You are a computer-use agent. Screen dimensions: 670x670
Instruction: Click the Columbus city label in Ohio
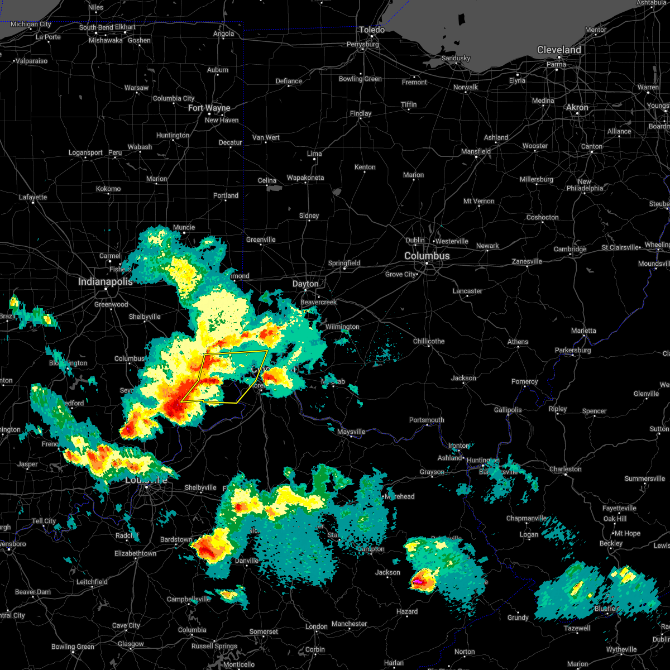coord(427,256)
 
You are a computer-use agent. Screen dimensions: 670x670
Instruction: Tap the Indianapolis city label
coord(105,281)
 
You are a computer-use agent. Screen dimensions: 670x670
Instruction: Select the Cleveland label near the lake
coord(558,50)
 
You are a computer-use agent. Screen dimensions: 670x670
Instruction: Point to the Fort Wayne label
coord(209,108)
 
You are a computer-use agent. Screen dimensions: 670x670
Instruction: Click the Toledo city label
coord(371,30)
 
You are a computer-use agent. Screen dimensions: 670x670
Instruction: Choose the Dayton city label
coord(305,284)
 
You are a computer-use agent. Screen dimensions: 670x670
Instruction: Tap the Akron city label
coord(577,107)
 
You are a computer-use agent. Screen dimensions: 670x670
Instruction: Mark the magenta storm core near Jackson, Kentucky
coord(418,582)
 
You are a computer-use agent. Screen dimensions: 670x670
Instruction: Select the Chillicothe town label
coord(429,341)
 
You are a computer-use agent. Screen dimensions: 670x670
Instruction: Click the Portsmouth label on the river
coord(427,420)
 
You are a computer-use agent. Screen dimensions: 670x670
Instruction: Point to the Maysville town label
coord(351,432)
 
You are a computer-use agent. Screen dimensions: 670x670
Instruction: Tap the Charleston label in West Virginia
coord(565,469)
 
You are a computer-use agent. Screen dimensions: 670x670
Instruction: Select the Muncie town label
coord(184,227)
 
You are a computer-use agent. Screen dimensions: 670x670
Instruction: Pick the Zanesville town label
coord(527,261)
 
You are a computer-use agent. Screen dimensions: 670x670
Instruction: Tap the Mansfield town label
coord(476,151)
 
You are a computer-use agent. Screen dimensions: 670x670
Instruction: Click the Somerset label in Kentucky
coord(264,631)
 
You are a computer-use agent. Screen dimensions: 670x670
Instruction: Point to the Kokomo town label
coord(108,189)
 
